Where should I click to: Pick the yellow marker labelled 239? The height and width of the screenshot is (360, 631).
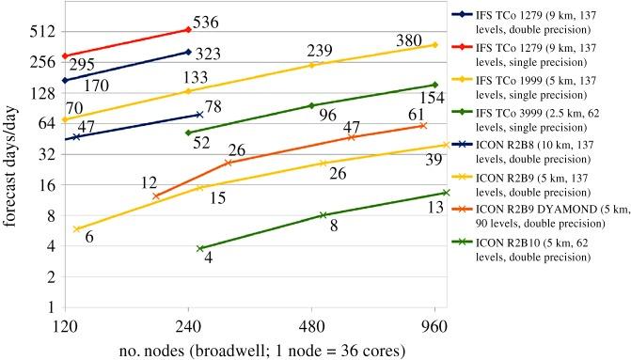point(312,65)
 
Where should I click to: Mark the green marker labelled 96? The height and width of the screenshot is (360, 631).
point(312,105)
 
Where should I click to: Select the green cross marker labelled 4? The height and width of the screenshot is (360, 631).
point(200,248)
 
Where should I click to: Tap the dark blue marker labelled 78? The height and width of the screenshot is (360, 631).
point(199,115)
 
